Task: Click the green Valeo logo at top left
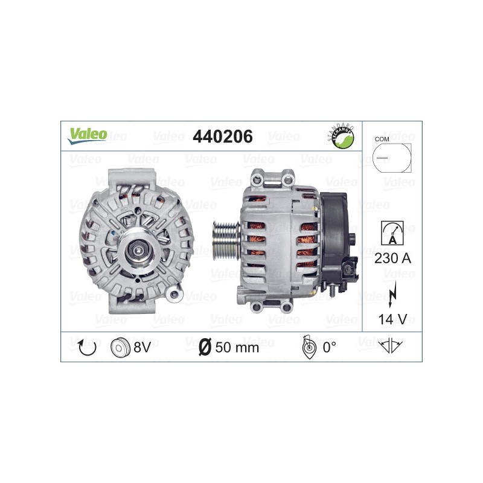(x=87, y=135)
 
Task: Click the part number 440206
(x=222, y=137)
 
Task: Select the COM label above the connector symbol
(x=382, y=139)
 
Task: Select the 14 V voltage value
(x=392, y=318)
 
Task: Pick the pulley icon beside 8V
(x=121, y=347)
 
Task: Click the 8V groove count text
(x=142, y=347)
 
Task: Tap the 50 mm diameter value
(x=237, y=347)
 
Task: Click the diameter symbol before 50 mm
(x=205, y=347)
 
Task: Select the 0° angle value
(x=329, y=347)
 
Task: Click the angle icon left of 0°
(x=307, y=347)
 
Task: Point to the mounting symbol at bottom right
(x=391, y=346)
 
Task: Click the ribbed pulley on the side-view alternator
(x=225, y=243)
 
